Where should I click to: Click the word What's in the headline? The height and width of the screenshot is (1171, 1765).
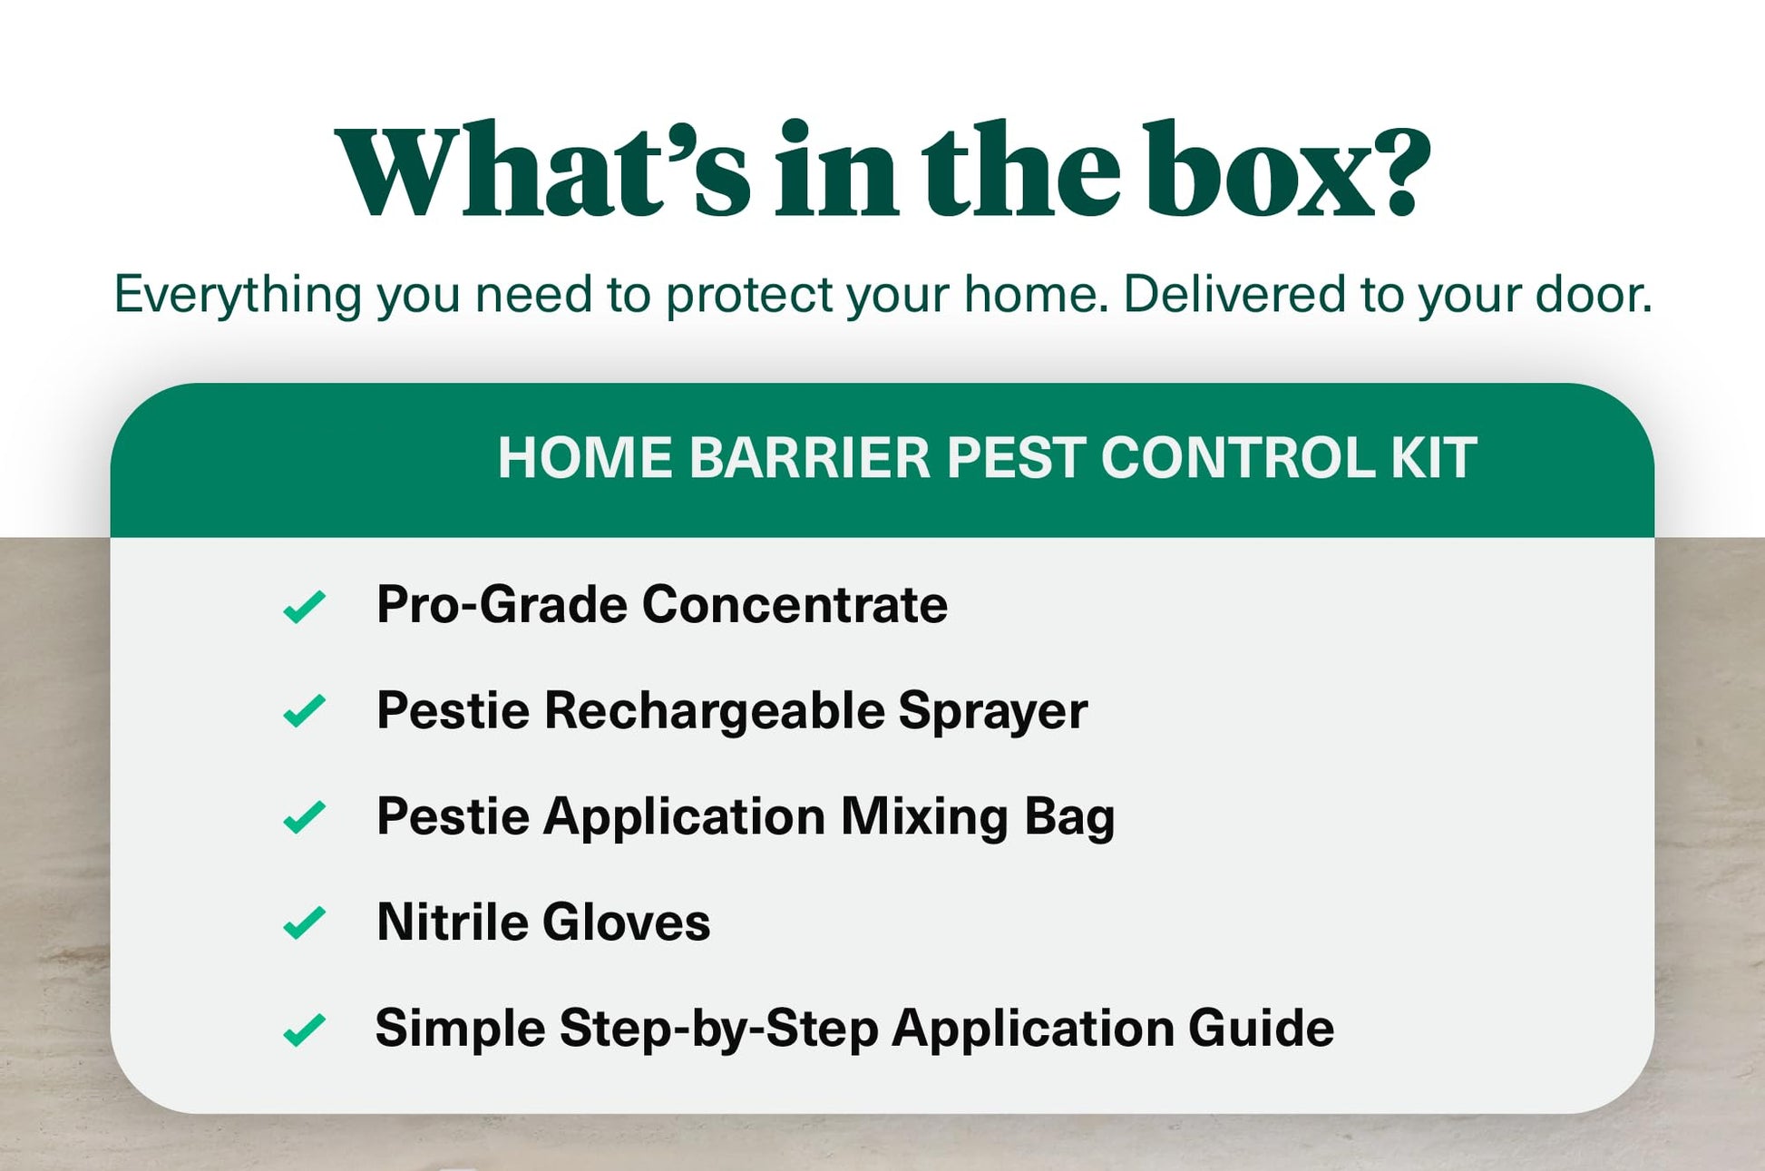click(x=543, y=169)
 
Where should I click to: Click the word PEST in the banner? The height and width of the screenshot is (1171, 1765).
click(x=1016, y=457)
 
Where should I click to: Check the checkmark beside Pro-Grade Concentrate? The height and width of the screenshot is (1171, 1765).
click(x=304, y=607)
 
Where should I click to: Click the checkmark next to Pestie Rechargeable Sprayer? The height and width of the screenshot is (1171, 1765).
click(x=304, y=711)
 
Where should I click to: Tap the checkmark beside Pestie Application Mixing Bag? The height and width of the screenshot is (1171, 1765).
click(x=304, y=817)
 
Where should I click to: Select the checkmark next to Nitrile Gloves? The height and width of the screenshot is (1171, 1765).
click(x=304, y=922)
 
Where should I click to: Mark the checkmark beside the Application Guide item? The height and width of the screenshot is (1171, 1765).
click(x=304, y=1030)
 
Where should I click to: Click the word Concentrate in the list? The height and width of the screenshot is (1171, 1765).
click(x=795, y=604)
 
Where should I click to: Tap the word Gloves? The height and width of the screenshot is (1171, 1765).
click(x=627, y=922)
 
